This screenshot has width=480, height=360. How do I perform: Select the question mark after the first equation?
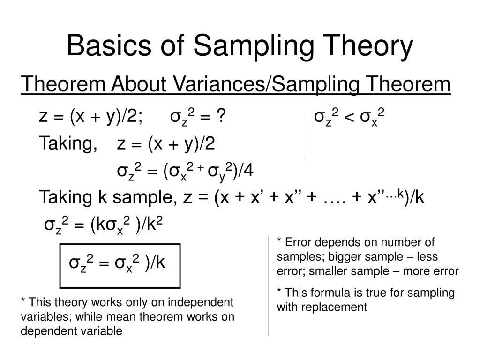[x=219, y=116]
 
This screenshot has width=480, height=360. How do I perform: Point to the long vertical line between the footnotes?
[x=268, y=285]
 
